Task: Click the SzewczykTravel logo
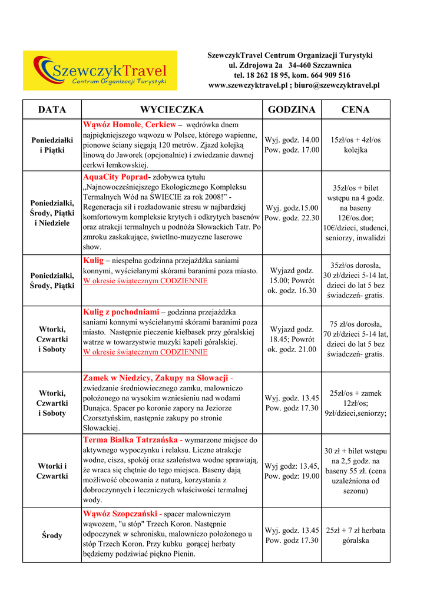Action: pos(100,70)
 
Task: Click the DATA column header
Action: pos(52,110)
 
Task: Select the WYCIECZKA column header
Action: pos(171,110)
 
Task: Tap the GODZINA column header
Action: pos(292,110)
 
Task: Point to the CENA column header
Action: pos(355,110)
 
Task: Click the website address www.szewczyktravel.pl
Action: pos(247,85)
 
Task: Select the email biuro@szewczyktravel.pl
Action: pos(338,85)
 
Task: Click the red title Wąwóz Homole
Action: pos(112,125)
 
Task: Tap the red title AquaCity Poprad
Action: pos(117,177)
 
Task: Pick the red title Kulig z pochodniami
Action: pos(121,312)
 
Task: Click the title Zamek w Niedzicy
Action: pos(155,377)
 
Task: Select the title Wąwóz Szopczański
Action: pos(123,514)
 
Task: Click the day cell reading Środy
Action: pos(52,535)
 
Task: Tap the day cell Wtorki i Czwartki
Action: pos(52,471)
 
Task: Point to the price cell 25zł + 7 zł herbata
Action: pos(355,535)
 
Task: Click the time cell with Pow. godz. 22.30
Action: pos(292,218)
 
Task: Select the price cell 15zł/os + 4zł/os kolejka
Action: pos(355,145)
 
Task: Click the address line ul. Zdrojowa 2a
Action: pos(255,65)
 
